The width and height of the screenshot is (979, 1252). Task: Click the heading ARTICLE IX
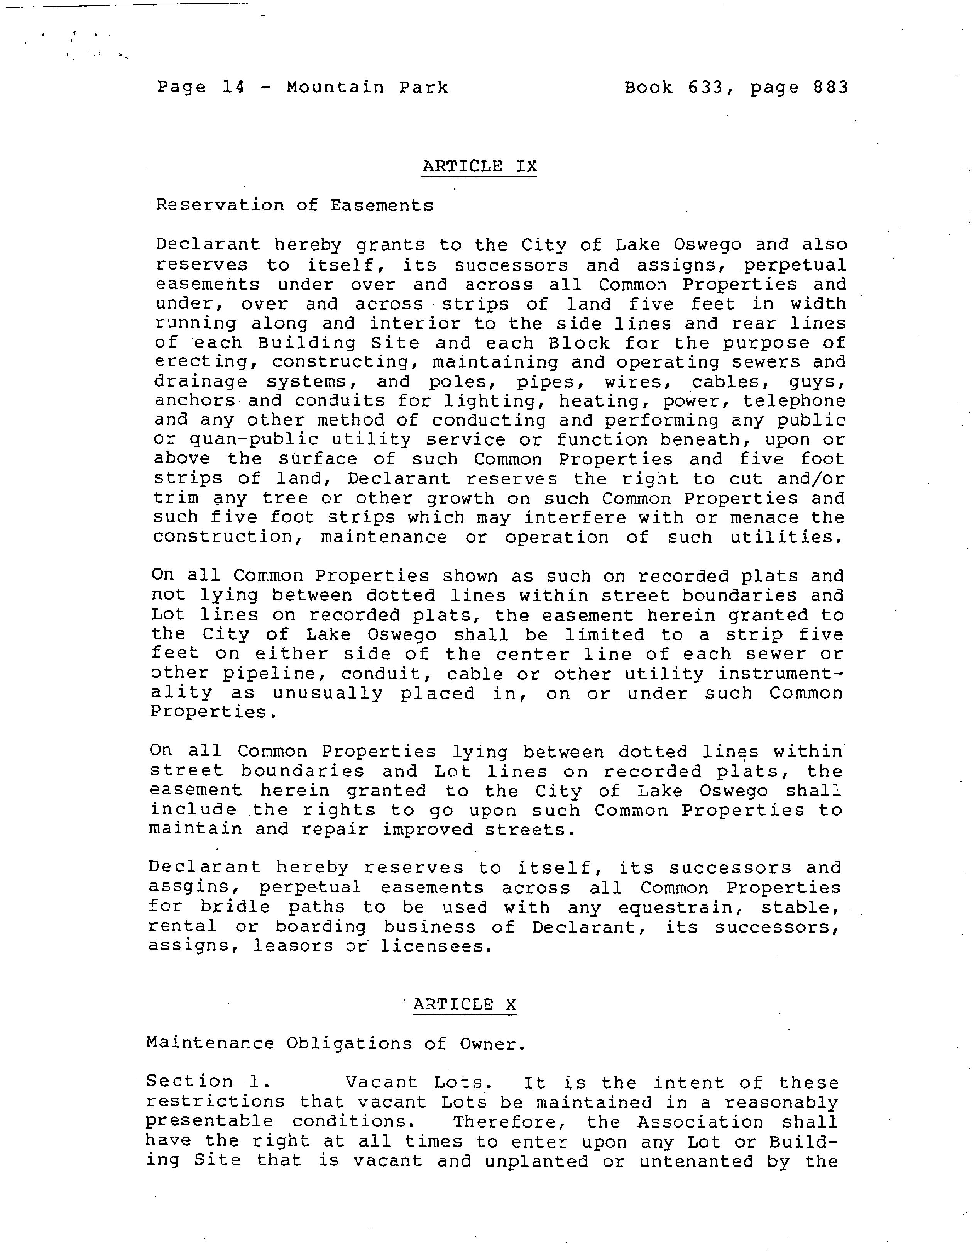click(x=479, y=166)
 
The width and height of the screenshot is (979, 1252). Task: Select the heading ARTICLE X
click(x=465, y=1005)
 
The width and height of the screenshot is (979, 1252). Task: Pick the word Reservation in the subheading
click(x=220, y=205)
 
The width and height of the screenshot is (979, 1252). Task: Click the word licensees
click(x=436, y=946)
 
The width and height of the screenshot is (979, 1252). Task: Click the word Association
click(x=700, y=1122)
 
